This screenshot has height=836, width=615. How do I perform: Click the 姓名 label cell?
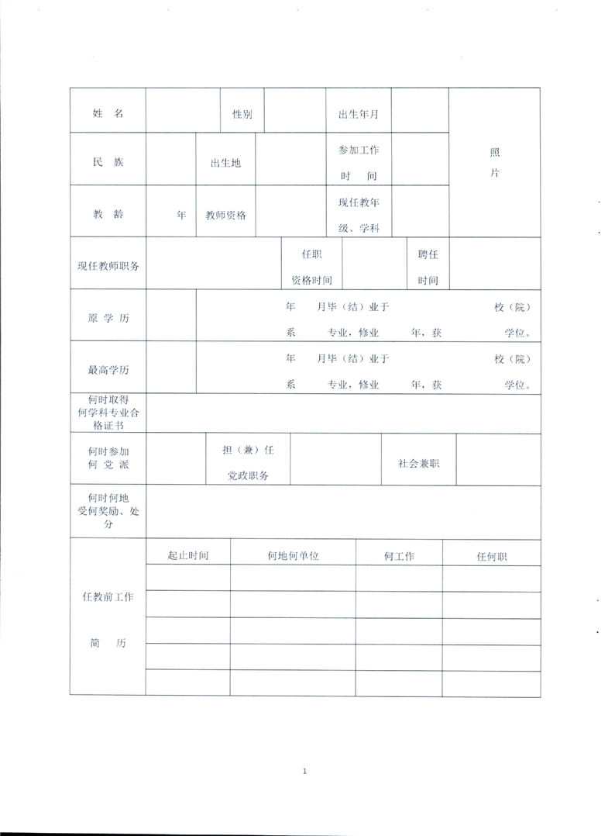(x=108, y=113)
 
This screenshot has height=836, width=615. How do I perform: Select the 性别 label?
(x=242, y=114)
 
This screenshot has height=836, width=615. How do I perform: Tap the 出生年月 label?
(x=358, y=114)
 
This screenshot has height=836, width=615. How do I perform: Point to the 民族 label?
(x=108, y=163)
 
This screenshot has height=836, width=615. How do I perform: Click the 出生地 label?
(x=225, y=163)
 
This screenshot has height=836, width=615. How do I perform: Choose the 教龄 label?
(x=108, y=215)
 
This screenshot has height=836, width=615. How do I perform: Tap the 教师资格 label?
(x=225, y=215)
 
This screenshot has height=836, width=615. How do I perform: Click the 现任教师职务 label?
(x=108, y=265)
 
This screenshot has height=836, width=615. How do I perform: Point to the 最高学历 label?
(x=108, y=370)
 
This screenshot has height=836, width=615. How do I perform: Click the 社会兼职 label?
(x=419, y=463)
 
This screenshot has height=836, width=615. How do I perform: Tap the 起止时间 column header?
(x=187, y=556)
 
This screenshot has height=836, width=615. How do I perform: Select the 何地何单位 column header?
(x=293, y=556)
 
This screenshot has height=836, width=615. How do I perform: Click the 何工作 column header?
(x=399, y=556)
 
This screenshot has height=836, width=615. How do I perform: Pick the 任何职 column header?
(x=491, y=556)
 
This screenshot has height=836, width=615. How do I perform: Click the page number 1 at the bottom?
(x=305, y=771)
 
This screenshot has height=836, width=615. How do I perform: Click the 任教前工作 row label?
(x=108, y=597)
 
